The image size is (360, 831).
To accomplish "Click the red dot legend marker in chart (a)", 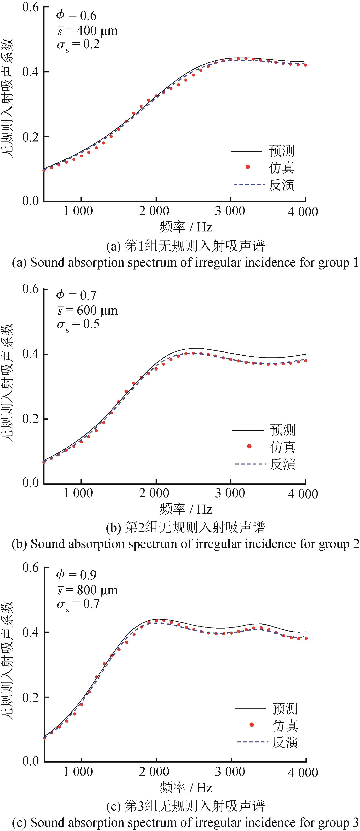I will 248,167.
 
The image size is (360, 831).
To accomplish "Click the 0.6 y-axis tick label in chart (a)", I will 31,7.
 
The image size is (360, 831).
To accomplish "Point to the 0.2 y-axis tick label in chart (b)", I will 31,419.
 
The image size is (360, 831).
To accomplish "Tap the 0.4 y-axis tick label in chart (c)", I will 31,632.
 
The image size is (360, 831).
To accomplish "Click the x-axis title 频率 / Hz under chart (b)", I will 186,509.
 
